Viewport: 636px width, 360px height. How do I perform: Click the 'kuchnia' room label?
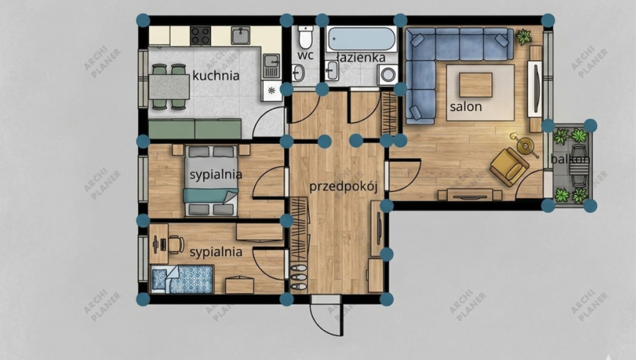point(216,76)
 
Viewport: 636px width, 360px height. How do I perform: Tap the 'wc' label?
point(305,55)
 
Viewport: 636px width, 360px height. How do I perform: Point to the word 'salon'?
point(466,106)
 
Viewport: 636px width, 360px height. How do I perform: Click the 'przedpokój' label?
point(343,187)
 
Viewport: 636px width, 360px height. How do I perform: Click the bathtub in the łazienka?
point(361,39)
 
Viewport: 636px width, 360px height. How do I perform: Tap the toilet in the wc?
point(305,37)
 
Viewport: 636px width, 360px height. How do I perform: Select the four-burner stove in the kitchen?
point(200,36)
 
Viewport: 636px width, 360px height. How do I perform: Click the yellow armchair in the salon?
point(509,166)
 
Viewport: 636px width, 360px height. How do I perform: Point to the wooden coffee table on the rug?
point(475,85)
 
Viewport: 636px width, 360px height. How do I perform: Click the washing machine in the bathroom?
point(388,75)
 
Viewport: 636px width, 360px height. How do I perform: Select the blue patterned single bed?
point(182,279)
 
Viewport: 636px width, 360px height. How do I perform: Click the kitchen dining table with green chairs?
point(169,87)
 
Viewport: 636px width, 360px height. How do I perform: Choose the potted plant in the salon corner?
point(523,37)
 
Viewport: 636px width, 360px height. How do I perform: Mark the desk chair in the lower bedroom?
point(176,244)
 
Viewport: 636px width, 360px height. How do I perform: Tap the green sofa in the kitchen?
point(195,129)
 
